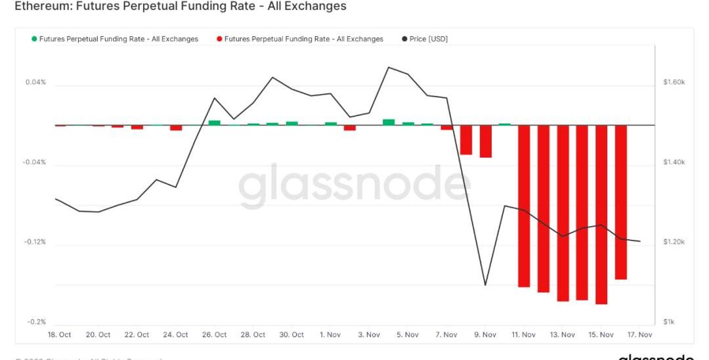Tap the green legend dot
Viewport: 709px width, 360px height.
click(x=34, y=39)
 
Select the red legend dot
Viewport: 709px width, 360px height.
click(x=219, y=39)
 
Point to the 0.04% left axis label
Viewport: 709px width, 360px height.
click(x=35, y=83)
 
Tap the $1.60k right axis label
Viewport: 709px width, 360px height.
click(x=674, y=83)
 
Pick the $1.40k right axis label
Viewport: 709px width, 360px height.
click(x=674, y=162)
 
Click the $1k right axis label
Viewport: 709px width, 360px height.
click(x=669, y=322)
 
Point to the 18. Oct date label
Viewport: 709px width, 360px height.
click(x=60, y=335)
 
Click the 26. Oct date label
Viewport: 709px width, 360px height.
click(x=215, y=335)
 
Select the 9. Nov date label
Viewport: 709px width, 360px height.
click(x=485, y=335)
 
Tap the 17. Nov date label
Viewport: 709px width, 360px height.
click(x=639, y=335)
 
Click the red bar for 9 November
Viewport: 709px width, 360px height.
click(x=486, y=141)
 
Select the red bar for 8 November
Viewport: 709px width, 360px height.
click(x=466, y=139)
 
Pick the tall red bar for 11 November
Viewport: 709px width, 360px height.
click(x=524, y=206)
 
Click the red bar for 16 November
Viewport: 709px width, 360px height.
click(x=621, y=202)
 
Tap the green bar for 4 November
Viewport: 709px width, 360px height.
click(x=389, y=122)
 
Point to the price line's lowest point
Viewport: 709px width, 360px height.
click(x=485, y=284)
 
